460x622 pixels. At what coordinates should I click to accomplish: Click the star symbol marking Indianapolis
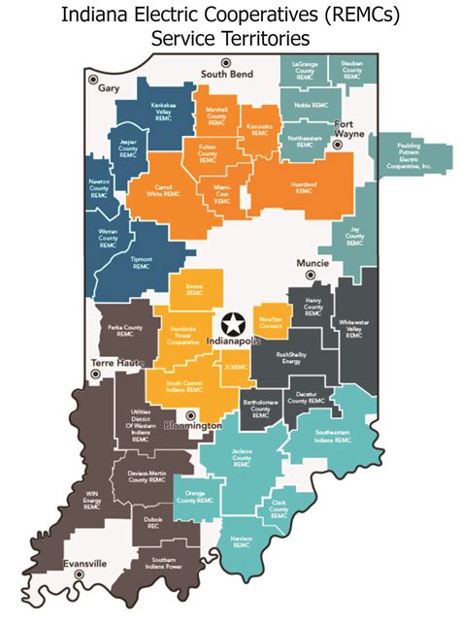click(233, 323)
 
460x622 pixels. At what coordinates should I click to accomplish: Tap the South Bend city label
click(227, 75)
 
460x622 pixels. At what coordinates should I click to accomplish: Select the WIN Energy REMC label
click(91, 501)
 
